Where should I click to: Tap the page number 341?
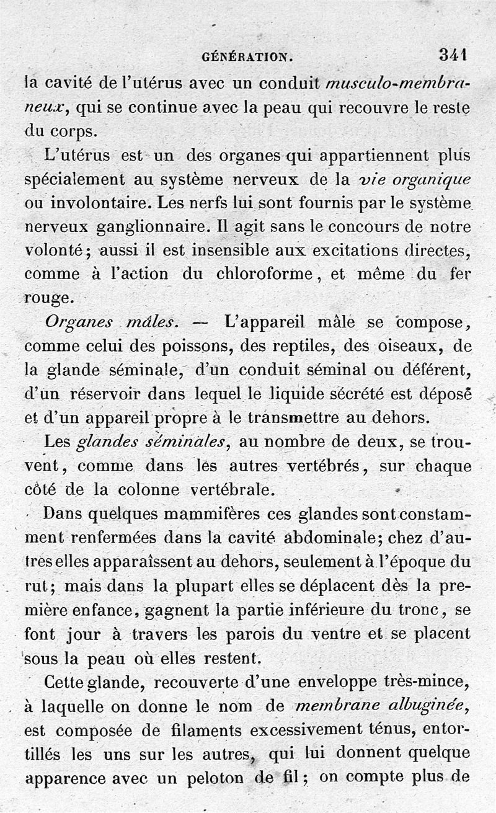[x=453, y=55]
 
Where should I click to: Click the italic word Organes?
[x=79, y=323]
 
